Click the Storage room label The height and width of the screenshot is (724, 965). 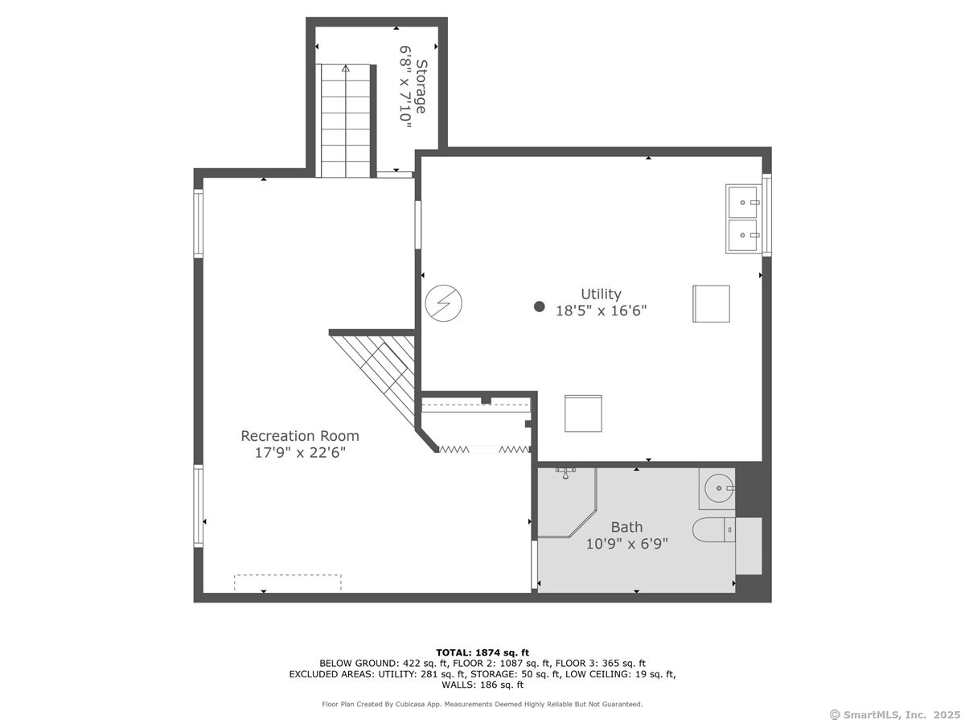(421, 87)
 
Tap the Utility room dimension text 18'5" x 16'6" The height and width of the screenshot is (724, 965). (601, 311)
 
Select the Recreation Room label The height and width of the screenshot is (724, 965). (300, 436)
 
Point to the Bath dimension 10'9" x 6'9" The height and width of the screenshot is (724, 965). (626, 544)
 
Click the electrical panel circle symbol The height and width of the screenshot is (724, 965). (444, 303)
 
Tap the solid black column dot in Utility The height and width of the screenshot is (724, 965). (540, 306)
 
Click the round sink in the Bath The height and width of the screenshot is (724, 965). (719, 488)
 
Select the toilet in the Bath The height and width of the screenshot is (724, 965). (713, 529)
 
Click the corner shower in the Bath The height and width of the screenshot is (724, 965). (567, 503)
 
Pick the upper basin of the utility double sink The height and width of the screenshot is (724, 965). (743, 202)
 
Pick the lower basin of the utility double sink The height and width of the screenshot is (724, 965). (743, 235)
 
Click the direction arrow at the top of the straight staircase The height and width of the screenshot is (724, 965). (346, 68)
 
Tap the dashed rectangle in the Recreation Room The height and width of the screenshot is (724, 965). (288, 582)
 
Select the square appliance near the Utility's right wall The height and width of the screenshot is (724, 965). (711, 304)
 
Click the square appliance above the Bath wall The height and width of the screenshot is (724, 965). (583, 413)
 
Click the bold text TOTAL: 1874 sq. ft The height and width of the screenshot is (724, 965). (482, 652)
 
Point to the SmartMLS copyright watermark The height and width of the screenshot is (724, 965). (895, 715)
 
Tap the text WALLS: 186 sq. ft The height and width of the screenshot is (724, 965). (482, 685)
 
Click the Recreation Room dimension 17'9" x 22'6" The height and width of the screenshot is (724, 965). (300, 452)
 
